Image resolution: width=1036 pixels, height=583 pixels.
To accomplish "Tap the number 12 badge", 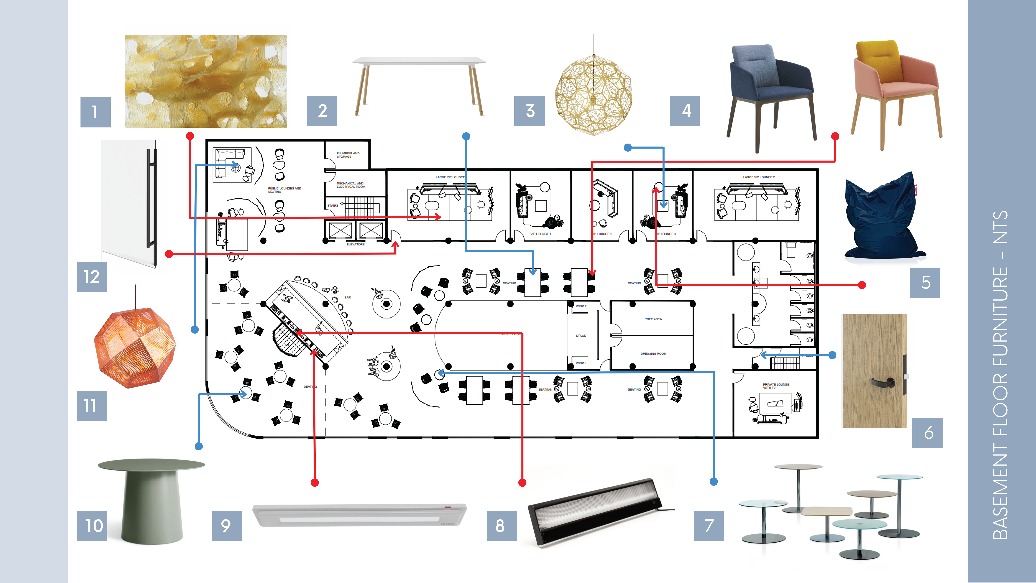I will coord(92,277).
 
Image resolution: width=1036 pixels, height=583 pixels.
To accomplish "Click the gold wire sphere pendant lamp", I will coord(594,93).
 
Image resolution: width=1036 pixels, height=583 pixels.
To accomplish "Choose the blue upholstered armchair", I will coord(770,94).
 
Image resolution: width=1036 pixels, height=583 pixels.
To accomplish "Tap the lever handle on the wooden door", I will coord(884,382).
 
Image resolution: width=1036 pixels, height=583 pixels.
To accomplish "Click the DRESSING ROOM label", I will coord(653,354).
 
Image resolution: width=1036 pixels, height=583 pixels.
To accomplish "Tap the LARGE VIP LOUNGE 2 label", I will coord(759,177).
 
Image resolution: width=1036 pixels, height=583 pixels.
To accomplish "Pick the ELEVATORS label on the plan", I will coord(356,244).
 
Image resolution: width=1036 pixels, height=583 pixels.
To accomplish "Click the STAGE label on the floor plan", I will coord(581,336).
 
